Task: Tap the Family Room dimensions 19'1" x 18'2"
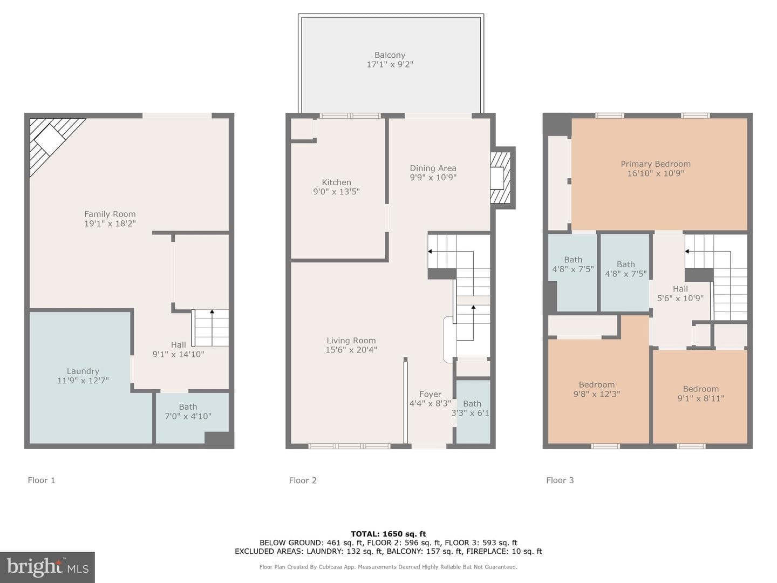point(110,223)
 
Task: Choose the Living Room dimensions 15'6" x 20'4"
point(351,350)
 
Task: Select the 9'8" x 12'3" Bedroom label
point(596,389)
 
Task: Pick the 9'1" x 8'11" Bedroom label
point(700,394)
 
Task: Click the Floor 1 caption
point(42,480)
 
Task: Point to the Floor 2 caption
point(303,480)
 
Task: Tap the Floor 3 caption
point(560,480)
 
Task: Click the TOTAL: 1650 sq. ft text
point(388,534)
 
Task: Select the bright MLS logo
point(47,567)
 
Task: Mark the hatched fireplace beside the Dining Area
point(501,178)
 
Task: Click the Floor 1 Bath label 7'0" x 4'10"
point(188,411)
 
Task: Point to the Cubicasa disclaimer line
point(388,567)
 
